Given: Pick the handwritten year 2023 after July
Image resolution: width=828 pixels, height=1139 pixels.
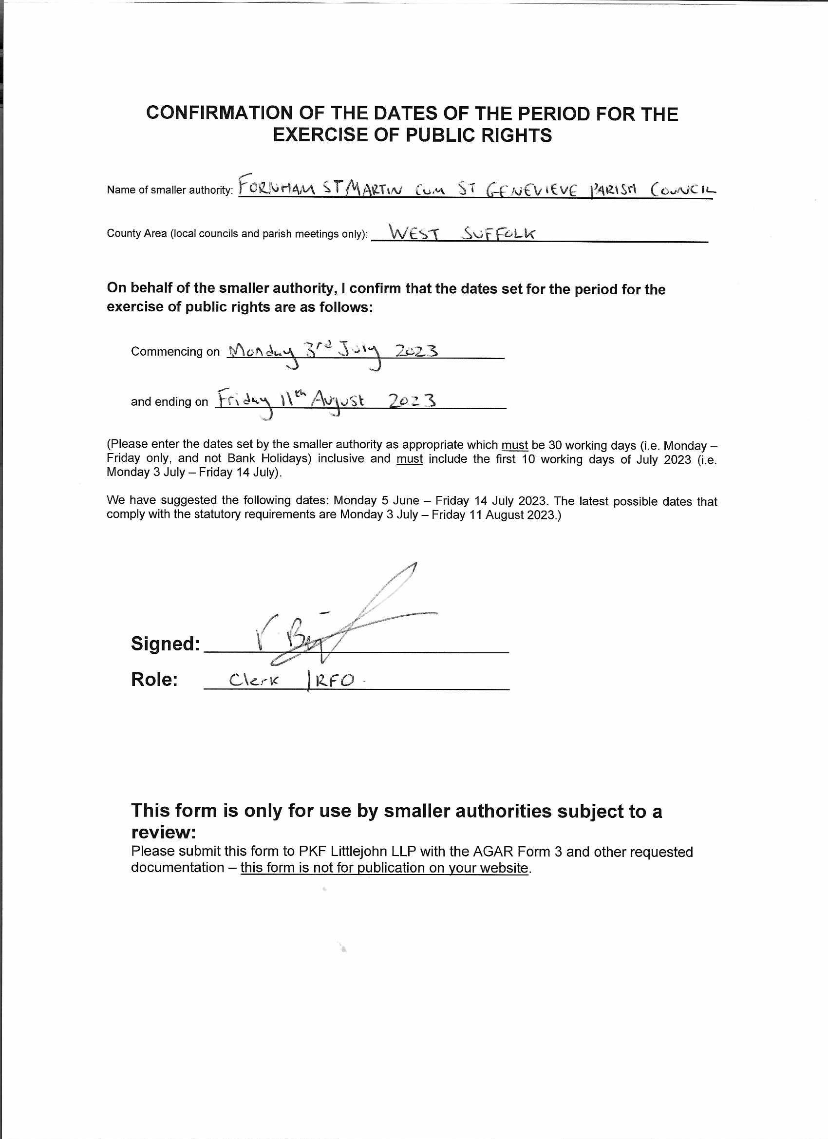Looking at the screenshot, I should click(x=416, y=350).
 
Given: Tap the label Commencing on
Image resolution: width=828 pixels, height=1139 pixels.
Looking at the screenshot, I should click(x=175, y=352).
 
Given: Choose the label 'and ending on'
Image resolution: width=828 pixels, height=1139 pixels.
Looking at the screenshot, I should click(x=169, y=402).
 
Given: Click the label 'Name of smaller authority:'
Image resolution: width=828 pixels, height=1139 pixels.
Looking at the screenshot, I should click(x=169, y=190).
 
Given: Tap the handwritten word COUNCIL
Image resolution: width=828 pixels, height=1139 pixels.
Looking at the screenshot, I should click(x=683, y=190).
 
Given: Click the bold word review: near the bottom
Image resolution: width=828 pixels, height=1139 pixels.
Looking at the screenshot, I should click(x=163, y=833).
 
